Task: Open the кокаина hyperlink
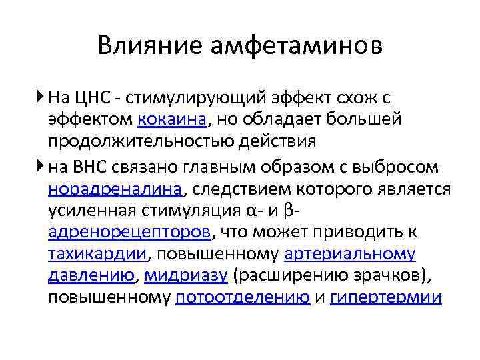coord(173,120)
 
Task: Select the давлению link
coord(91,275)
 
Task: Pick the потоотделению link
coord(242,297)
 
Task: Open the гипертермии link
coord(386,297)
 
